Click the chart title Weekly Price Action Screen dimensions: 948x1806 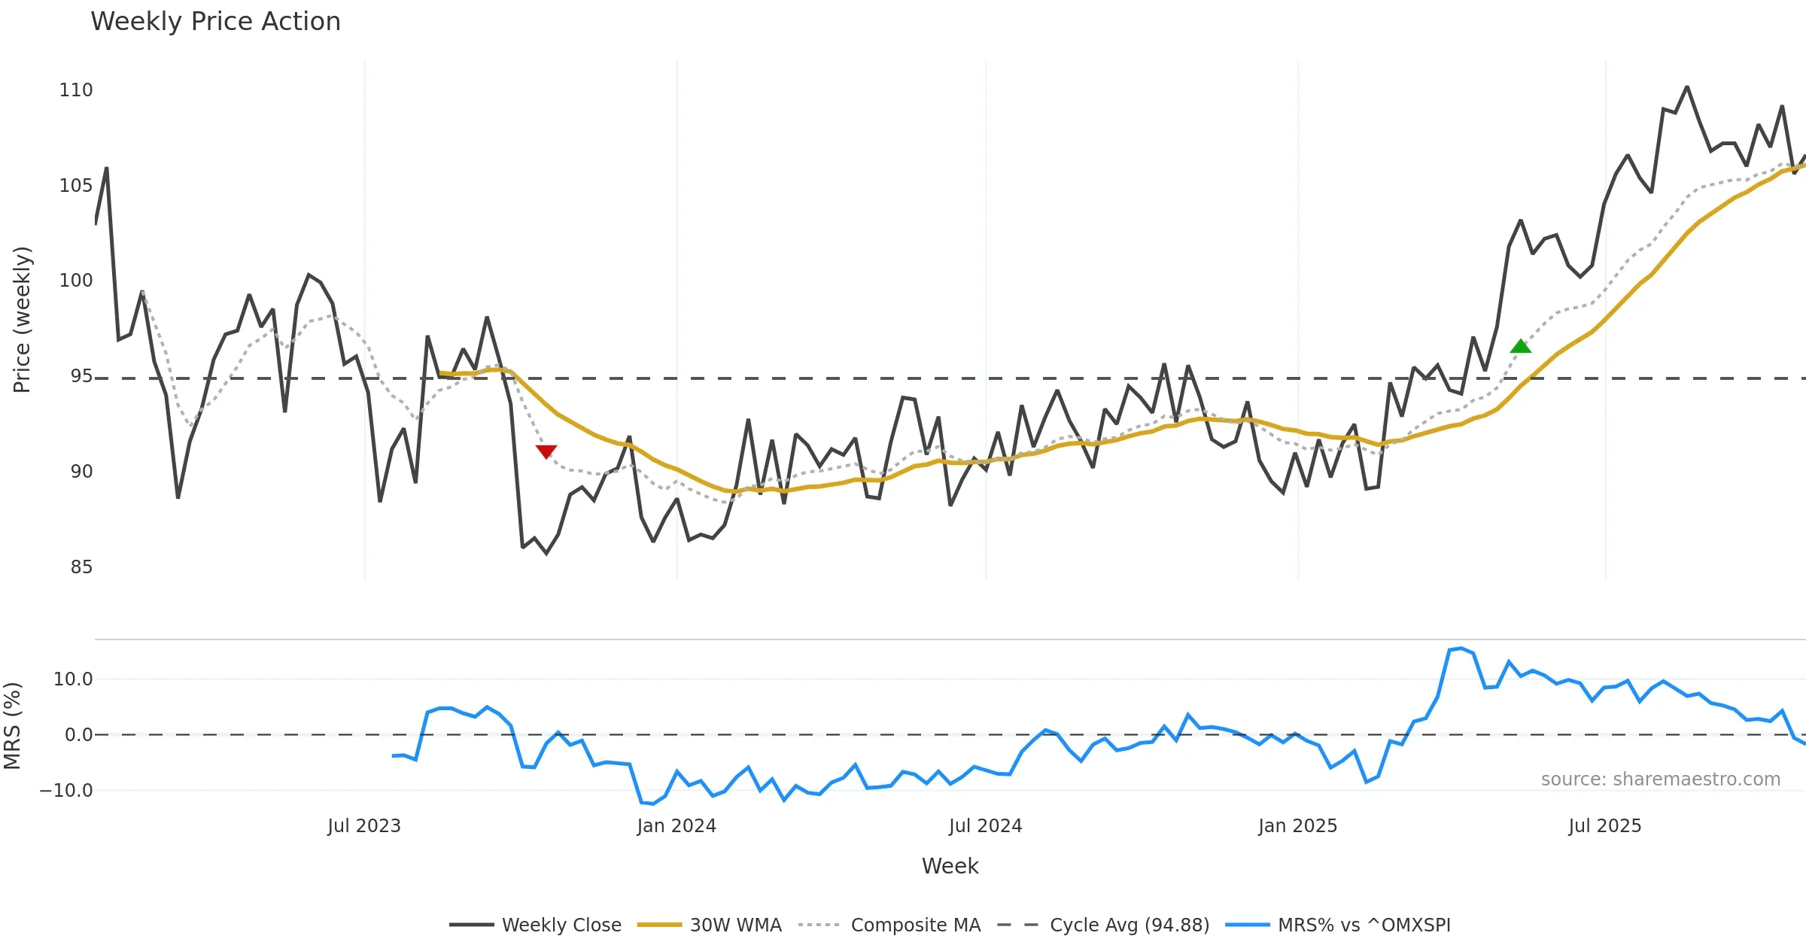tap(215, 22)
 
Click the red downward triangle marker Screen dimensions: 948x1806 tap(546, 451)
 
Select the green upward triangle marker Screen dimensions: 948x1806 tap(1520, 346)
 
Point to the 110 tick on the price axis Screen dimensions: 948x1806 tap(76, 90)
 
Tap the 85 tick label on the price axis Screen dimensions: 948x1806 tap(81, 567)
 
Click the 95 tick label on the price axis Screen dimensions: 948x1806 tap(81, 376)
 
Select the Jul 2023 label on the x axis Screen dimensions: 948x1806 tap(364, 826)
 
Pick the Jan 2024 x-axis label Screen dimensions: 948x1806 tap(676, 826)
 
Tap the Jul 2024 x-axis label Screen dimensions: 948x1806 tap(985, 826)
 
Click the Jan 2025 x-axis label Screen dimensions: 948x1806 tap(1298, 826)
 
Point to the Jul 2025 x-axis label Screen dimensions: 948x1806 tap(1605, 826)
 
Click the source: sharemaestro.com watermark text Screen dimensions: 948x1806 tap(1660, 779)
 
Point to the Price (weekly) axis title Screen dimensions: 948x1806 tap(22, 320)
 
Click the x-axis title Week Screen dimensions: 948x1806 tap(950, 867)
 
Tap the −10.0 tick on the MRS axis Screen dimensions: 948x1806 tap(66, 791)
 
